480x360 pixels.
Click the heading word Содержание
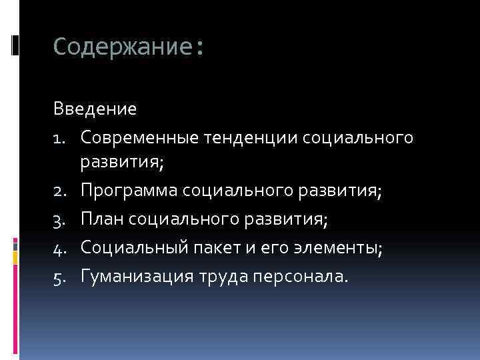(124, 47)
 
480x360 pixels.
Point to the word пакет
(213, 248)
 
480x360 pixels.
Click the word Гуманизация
(136, 275)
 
